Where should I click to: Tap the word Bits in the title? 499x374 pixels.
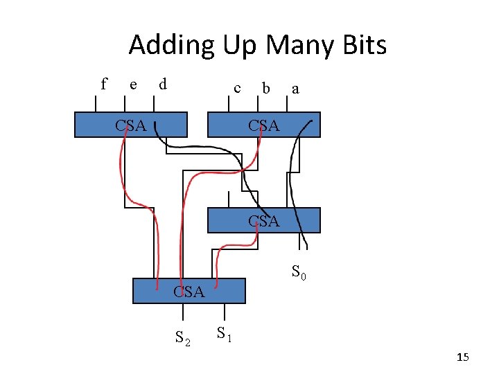[362, 46]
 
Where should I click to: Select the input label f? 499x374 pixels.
[104, 84]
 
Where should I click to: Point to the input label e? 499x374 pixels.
[133, 85]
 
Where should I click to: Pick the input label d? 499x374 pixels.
[162, 85]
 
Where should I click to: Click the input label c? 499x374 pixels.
[238, 89]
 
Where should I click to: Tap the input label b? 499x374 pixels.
[265, 89]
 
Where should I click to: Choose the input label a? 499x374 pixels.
[296, 89]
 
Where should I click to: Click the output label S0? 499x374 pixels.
[299, 272]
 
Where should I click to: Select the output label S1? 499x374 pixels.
[223, 334]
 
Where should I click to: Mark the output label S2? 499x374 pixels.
[183, 338]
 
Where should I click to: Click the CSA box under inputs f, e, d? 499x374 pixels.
[131, 125]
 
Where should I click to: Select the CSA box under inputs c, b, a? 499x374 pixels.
[264, 125]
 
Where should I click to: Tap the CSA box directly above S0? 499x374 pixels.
[264, 220]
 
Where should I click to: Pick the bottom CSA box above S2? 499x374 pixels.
[189, 291]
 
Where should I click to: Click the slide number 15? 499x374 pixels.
[463, 357]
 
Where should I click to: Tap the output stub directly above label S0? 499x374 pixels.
[299, 240]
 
